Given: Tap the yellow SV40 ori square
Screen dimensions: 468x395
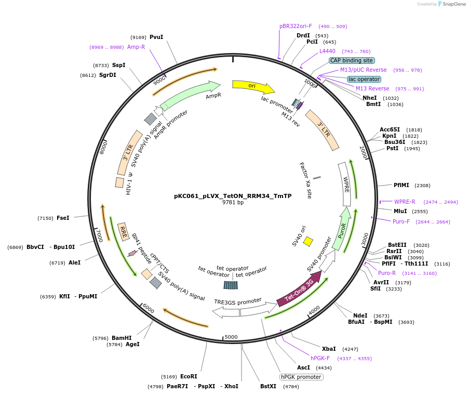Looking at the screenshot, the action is pyautogui.click(x=308, y=241).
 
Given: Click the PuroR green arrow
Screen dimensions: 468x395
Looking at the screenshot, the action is pyautogui.click(x=343, y=229).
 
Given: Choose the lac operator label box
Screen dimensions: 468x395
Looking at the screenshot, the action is pyautogui.click(x=364, y=79).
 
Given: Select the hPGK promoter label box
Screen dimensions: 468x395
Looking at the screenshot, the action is pyautogui.click(x=301, y=377).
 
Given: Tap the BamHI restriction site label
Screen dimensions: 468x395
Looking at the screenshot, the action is pyautogui.click(x=122, y=338).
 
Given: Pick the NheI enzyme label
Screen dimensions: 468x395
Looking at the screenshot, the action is pyautogui.click(x=370, y=98).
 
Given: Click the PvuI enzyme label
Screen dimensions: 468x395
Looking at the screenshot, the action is pyautogui.click(x=156, y=37).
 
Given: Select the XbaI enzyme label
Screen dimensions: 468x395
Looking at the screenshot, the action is pyautogui.click(x=329, y=349).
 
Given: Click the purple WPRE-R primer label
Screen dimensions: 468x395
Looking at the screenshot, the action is pyautogui.click(x=405, y=202).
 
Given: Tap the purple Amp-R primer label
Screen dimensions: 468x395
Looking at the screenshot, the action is pyautogui.click(x=136, y=47).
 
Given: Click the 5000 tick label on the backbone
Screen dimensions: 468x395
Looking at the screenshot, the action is pyautogui.click(x=231, y=337).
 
